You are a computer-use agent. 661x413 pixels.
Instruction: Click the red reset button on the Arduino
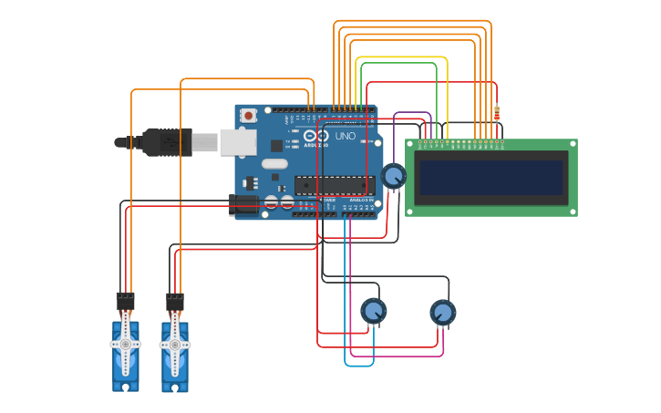248,116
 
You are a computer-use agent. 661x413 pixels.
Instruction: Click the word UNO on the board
346,136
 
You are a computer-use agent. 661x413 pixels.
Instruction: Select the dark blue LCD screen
491,177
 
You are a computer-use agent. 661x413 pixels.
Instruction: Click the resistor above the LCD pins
497,113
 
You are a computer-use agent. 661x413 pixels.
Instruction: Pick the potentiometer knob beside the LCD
393,175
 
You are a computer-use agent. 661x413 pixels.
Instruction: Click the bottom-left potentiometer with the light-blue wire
373,312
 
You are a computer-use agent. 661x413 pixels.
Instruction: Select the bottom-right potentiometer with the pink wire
442,313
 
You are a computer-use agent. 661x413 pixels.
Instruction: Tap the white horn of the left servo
125,345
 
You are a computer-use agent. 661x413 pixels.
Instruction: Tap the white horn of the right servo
174,346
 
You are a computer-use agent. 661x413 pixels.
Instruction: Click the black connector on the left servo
125,299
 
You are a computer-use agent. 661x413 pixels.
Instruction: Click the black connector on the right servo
174,300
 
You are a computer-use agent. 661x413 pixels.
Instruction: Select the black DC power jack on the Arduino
244,203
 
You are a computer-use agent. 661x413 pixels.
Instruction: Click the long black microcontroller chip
334,185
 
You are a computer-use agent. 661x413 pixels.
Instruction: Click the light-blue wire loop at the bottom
359,366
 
